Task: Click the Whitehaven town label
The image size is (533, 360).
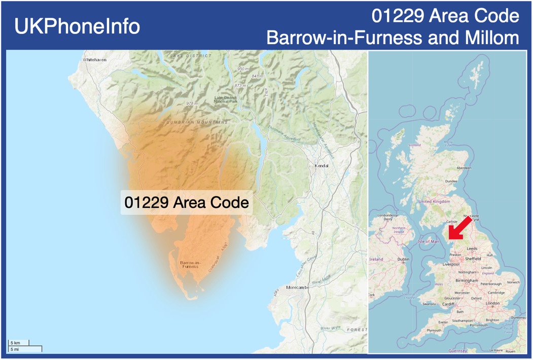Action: point(95,60)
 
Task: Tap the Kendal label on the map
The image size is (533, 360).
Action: point(322,166)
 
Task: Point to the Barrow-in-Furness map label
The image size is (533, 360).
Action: point(190,264)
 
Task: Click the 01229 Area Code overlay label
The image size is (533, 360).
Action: point(187,203)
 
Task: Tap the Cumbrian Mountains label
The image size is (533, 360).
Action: point(197,122)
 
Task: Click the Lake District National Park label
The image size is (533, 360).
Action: point(225,99)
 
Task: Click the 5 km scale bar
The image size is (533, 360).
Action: point(18,343)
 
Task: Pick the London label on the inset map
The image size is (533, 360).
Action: point(493,303)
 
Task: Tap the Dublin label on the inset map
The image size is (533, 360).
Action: point(404,259)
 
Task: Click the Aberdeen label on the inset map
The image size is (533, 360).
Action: point(464,168)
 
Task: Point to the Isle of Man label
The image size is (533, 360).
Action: point(429,241)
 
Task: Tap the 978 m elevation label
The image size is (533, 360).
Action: point(192,103)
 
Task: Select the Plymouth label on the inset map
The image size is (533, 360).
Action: point(434,330)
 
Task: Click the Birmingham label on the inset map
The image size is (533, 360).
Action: point(467,280)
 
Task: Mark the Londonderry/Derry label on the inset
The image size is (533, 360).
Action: point(388,217)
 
